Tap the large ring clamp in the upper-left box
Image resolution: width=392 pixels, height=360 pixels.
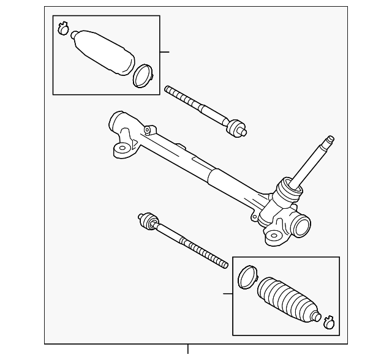(143, 74)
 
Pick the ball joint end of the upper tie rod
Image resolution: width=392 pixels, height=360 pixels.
(235, 128)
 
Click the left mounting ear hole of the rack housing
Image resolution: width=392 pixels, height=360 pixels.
(122, 148)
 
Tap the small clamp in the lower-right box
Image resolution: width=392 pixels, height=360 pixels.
(329, 319)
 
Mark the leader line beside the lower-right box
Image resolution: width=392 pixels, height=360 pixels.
(227, 294)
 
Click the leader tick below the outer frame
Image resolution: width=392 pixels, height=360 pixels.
(188, 350)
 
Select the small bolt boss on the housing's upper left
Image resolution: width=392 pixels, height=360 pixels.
(147, 129)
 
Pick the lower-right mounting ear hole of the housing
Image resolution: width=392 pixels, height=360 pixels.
(273, 235)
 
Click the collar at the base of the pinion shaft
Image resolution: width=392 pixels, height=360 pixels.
(286, 190)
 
